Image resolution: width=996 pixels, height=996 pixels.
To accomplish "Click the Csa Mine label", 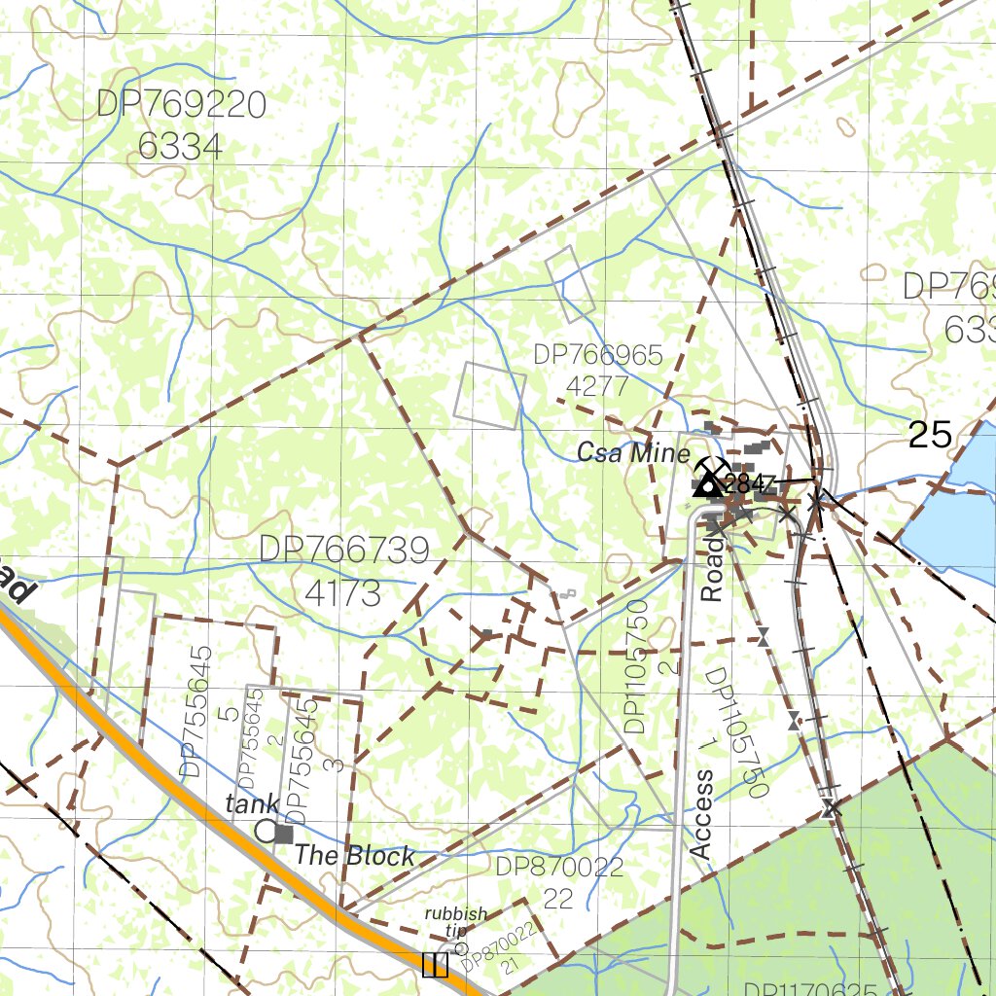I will tap(632, 453).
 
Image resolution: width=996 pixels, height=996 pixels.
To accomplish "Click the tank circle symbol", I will tap(266, 830).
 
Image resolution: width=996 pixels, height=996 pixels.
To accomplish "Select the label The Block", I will tap(354, 856).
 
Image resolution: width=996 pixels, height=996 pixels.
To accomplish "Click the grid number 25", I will tap(929, 435).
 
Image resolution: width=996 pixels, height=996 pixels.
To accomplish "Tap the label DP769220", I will tap(181, 104).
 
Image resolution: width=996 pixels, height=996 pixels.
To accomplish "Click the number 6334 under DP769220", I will tap(181, 147).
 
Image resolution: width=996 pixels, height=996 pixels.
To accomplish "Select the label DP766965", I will tap(597, 355).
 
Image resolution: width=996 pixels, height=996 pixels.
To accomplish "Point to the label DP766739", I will tap(343, 551).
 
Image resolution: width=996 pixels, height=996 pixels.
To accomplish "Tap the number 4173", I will tap(342, 592).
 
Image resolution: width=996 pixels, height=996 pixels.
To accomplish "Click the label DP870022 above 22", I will tap(558, 868).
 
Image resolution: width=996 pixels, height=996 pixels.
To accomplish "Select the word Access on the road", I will tap(701, 814).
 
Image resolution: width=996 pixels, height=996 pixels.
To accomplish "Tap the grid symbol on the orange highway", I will tap(435, 964).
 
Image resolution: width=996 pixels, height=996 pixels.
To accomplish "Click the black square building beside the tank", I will tap(284, 834).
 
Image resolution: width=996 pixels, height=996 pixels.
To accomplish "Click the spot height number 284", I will tap(747, 483).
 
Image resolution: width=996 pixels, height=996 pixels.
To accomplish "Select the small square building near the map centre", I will tap(486, 634).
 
